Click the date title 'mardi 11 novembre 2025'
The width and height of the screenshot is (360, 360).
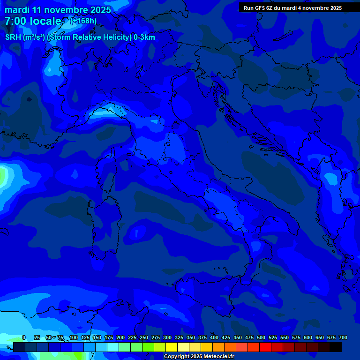[x=58, y=10]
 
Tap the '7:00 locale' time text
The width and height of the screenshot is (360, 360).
[x=33, y=21]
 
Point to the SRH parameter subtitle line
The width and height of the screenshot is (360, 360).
[x=80, y=37]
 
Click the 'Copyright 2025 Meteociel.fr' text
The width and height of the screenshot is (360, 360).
[x=199, y=357]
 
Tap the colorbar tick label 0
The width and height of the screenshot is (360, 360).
[x=24, y=337]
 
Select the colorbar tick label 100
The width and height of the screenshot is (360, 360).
[x=74, y=337]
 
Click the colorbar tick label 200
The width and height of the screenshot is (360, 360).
[x=120, y=337]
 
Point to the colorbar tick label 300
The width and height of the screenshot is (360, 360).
[x=167, y=337]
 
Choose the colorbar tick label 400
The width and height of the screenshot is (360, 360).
[x=214, y=337]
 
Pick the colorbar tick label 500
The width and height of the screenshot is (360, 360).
[x=261, y=337]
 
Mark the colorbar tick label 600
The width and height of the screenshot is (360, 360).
[x=308, y=337]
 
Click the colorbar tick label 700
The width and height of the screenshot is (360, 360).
[x=343, y=337]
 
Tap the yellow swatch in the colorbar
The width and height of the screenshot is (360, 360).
[x=172, y=347]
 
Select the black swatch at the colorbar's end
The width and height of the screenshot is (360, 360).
[x=336, y=347]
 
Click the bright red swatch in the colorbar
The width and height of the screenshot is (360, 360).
[x=265, y=347]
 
